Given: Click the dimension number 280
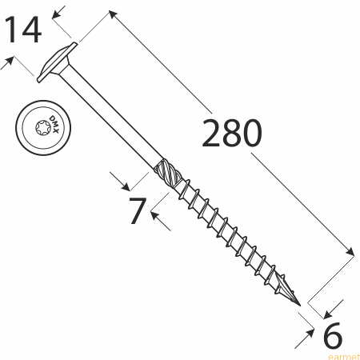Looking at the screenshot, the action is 232,133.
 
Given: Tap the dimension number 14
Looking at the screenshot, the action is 23,30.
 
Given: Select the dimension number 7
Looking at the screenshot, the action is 138,210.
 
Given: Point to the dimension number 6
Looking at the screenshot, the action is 332,335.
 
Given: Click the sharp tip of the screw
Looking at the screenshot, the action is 300,306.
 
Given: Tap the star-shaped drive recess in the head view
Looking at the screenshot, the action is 43,128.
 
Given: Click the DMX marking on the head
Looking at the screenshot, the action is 54,125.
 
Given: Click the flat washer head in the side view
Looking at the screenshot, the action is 57,62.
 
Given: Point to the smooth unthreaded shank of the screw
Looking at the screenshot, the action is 110,117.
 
